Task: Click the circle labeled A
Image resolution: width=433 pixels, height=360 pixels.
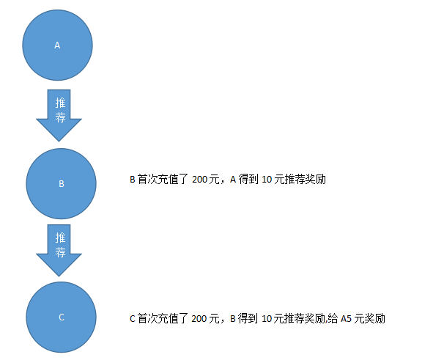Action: pyautogui.click(x=57, y=45)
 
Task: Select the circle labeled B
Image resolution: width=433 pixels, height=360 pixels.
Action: pyautogui.click(x=62, y=184)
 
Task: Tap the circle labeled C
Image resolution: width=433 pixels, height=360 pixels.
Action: pyautogui.click(x=62, y=317)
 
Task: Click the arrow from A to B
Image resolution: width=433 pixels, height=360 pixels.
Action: pyautogui.click(x=59, y=115)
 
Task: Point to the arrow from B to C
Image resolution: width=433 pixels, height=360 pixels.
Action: pyautogui.click(x=59, y=250)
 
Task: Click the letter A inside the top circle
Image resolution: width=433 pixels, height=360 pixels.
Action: pyautogui.click(x=57, y=45)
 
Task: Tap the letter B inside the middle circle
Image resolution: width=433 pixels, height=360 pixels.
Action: pyautogui.click(x=62, y=184)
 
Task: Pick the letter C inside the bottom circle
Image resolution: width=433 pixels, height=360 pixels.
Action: pyautogui.click(x=62, y=317)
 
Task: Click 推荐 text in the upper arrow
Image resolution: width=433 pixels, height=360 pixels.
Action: pyautogui.click(x=60, y=110)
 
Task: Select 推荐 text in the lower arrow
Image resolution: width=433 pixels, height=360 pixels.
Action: pyautogui.click(x=60, y=245)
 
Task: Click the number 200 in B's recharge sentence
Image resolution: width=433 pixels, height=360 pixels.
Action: pyautogui.click(x=200, y=180)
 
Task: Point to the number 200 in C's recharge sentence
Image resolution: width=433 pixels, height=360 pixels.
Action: pyautogui.click(x=199, y=319)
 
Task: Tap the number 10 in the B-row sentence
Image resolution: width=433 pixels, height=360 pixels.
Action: pyautogui.click(x=267, y=180)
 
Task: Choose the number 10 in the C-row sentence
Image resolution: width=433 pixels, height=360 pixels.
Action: pyautogui.click(x=267, y=319)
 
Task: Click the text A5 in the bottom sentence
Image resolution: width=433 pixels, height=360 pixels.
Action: pyautogui.click(x=346, y=319)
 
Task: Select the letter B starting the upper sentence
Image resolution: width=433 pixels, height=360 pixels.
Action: pyautogui.click(x=133, y=180)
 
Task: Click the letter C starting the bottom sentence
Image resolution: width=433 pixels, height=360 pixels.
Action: pyautogui.click(x=133, y=319)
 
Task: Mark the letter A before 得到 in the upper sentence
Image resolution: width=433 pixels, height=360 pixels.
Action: pyautogui.click(x=233, y=180)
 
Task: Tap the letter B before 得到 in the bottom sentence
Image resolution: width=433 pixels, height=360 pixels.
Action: pyautogui.click(x=233, y=319)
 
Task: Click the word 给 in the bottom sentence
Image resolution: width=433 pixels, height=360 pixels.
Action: pyautogui.click(x=333, y=319)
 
